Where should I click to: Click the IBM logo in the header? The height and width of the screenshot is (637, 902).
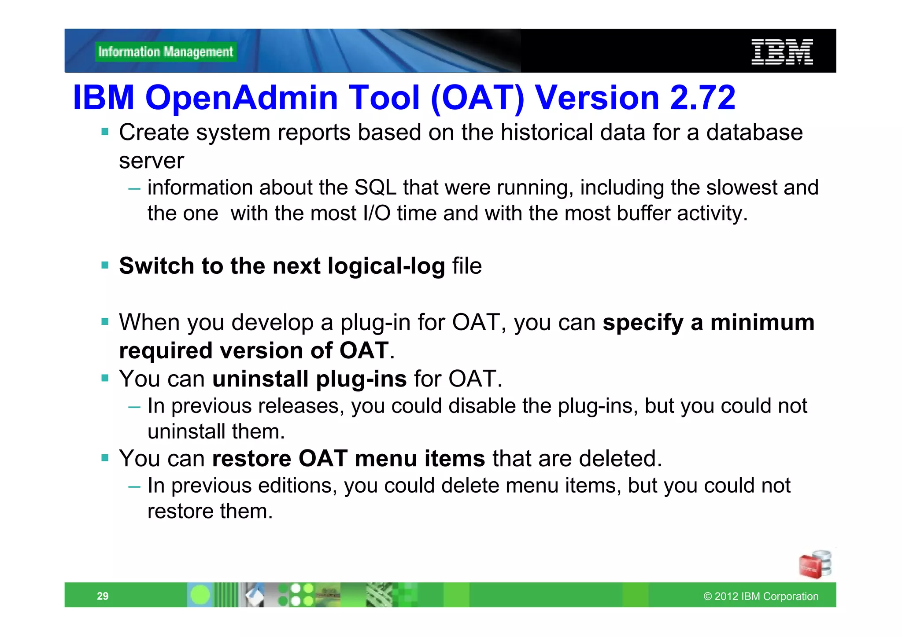click(x=782, y=52)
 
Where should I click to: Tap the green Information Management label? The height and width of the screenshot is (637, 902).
click(x=166, y=52)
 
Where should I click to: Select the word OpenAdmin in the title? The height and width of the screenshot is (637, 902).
click(x=241, y=97)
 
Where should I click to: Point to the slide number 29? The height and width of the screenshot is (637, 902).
click(x=103, y=596)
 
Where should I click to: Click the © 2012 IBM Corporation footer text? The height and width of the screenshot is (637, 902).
click(x=761, y=596)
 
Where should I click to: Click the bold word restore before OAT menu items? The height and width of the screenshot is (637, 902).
click(x=251, y=459)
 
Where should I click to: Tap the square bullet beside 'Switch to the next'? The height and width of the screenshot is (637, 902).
click(x=105, y=265)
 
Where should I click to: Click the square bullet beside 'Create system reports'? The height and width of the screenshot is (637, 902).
click(x=105, y=132)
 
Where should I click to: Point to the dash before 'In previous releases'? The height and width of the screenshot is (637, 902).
click(x=134, y=407)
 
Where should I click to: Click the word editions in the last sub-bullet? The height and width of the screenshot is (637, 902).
click(x=297, y=486)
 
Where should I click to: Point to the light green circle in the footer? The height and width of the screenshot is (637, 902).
click(x=200, y=595)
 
